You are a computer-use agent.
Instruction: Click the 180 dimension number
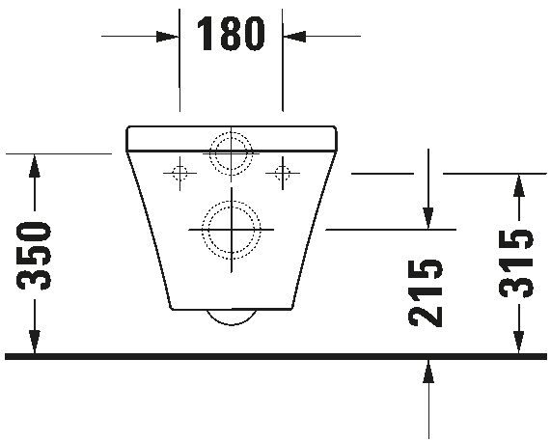point(231,35)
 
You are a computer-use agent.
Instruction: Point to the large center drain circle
point(231,229)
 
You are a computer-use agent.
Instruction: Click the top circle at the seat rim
point(231,152)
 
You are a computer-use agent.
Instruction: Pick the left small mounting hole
point(178,174)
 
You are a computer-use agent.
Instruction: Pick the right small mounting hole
point(283,174)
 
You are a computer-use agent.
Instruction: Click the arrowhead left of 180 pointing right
point(169,36)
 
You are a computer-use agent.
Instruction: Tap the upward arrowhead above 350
point(36,164)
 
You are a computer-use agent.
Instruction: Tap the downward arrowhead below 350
point(36,345)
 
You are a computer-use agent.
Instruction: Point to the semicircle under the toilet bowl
point(231,319)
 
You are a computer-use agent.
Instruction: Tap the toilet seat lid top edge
point(231,126)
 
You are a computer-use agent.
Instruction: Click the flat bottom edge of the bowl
point(231,311)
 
